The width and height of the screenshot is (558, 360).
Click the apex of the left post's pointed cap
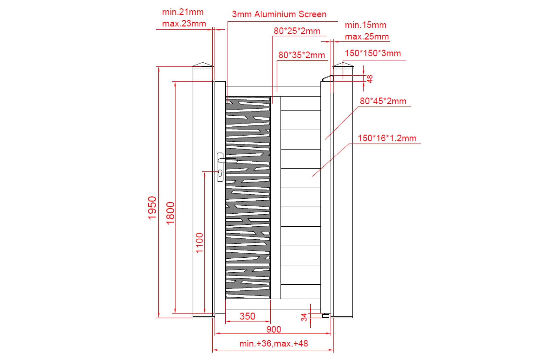pyautogui.click(x=203, y=62)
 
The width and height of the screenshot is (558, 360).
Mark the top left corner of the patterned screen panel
pyautogui.click(x=226, y=97)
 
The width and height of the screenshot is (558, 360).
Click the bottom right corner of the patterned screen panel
pyautogui.click(x=270, y=299)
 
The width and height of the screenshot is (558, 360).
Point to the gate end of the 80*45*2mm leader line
pyautogui.click(x=325, y=140)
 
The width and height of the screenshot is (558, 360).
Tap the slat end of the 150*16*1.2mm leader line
pyautogui.click(x=312, y=177)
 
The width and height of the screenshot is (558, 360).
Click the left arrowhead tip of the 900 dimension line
pyautogui.click(x=215, y=333)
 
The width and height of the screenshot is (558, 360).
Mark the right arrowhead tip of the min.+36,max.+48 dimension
pyautogui.click(x=333, y=350)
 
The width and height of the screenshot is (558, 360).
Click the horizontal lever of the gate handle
pyautogui.click(x=228, y=161)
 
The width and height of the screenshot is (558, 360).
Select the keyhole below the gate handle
pyautogui.click(x=220, y=173)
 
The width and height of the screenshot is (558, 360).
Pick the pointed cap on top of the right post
pyautogui.click(x=343, y=65)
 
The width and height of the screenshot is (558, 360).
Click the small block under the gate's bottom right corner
pyautogui.click(x=325, y=316)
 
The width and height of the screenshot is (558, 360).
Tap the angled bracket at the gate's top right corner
pyautogui.click(x=328, y=78)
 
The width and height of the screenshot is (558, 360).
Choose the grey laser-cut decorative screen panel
pyautogui.click(x=248, y=198)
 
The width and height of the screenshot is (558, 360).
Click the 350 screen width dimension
pyautogui.click(x=247, y=316)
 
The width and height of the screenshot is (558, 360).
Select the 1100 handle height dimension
pyautogui.click(x=200, y=243)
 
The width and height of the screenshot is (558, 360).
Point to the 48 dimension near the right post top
pyautogui.click(x=370, y=79)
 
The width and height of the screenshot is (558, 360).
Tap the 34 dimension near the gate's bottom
pyautogui.click(x=304, y=317)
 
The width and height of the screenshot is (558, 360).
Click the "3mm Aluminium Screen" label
pyautogui.click(x=279, y=14)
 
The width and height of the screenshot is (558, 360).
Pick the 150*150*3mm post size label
pyautogui.click(x=373, y=53)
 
